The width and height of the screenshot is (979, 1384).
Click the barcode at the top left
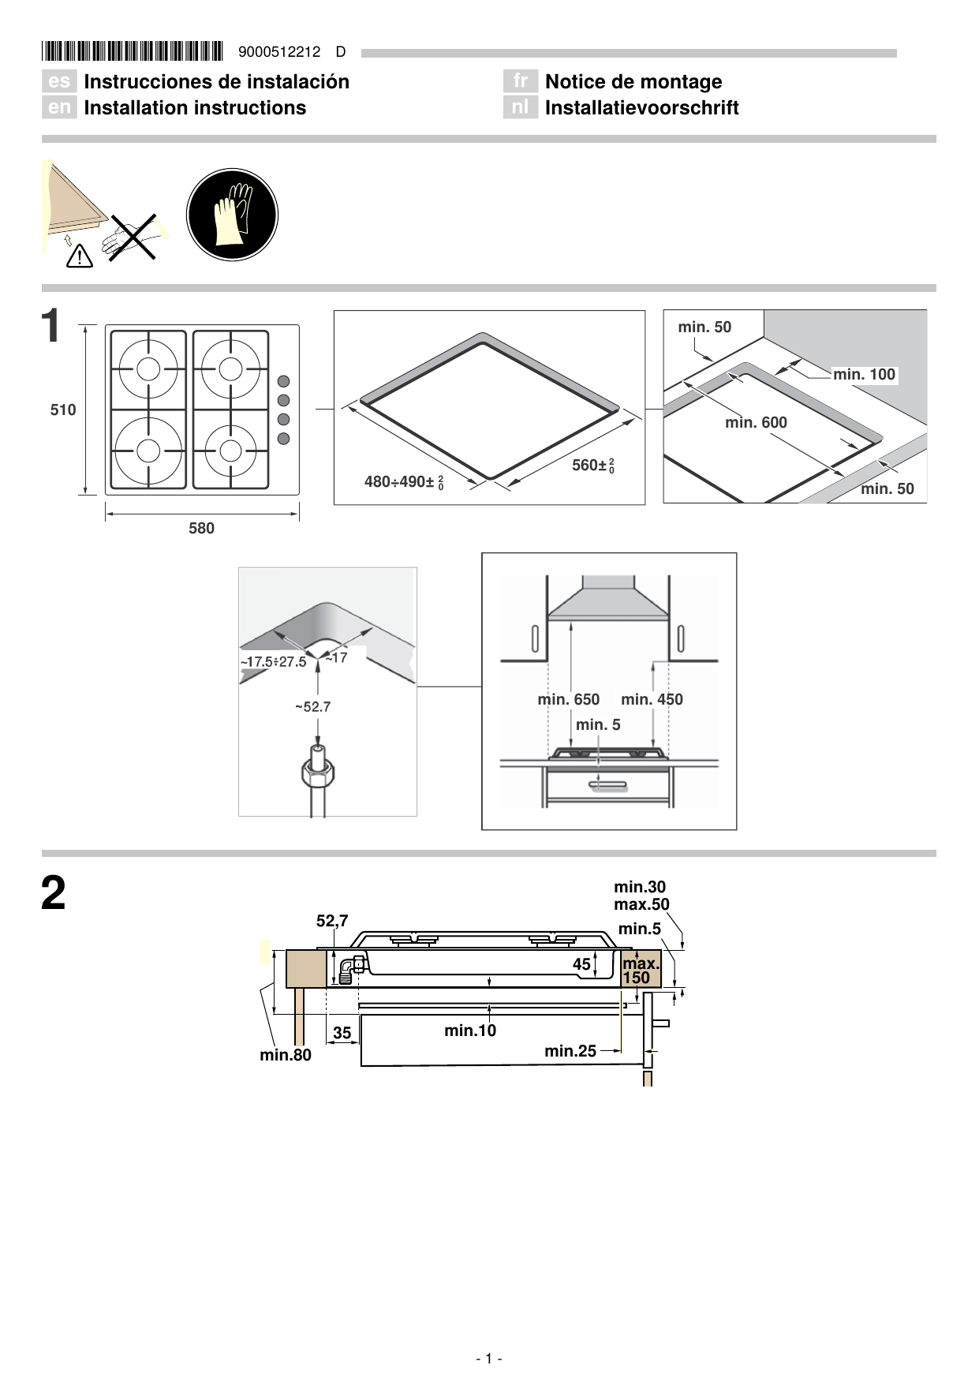133,51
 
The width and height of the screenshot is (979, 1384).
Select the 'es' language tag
59,81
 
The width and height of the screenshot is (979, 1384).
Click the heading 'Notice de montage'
633,81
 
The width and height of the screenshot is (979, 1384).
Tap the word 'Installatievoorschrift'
641,108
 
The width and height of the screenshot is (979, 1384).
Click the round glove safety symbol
232,215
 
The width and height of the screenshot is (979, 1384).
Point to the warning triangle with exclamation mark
80,256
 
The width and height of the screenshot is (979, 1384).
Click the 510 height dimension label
63,410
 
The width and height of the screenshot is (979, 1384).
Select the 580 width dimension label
201,528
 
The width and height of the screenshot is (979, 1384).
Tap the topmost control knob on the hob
284,382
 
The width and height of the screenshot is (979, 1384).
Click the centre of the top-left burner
148,368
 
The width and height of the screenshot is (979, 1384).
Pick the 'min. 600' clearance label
756,422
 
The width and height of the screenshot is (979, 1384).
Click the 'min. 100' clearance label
864,374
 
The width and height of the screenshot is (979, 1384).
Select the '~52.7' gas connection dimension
312,706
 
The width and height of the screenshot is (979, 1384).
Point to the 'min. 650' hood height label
568,699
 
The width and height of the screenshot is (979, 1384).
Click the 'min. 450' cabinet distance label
652,699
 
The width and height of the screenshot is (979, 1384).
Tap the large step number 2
53,893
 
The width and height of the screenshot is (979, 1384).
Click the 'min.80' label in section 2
286,1055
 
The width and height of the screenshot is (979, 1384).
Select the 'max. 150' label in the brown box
640,970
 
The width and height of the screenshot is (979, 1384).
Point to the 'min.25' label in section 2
570,1051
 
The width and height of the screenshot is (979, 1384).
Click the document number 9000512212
279,52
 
